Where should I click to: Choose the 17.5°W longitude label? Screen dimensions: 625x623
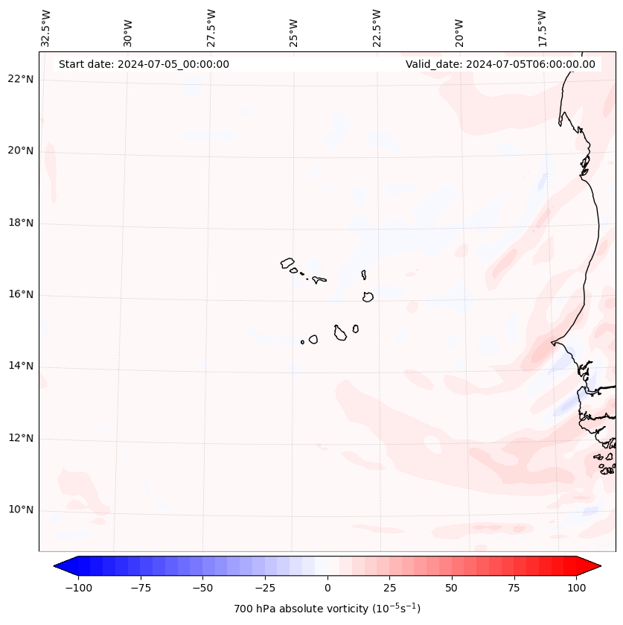point(542,27)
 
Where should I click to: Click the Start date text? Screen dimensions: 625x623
point(144,64)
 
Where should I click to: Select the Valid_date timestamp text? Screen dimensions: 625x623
point(500,64)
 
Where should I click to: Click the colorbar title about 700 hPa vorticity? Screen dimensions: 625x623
point(327,609)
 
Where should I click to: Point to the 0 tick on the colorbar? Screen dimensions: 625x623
point(327,588)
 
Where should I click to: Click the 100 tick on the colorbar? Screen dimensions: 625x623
point(576,588)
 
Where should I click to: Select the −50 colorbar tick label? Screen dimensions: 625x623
point(202,588)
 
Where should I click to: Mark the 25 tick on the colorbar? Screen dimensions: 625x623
point(389,588)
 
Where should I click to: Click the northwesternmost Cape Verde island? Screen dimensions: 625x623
point(287,262)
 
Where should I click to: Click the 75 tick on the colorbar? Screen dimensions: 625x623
point(514,588)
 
